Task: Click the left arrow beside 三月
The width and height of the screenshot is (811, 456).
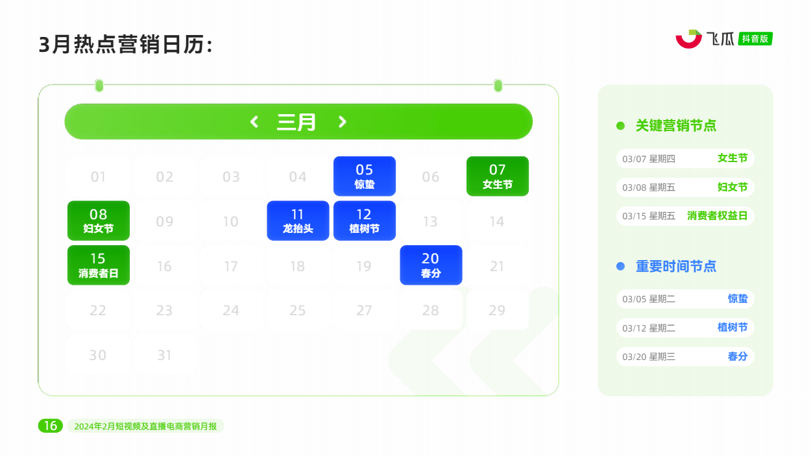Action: point(254,121)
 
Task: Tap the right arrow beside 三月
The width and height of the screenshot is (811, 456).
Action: point(342,121)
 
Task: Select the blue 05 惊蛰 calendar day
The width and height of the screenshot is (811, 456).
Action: point(364,176)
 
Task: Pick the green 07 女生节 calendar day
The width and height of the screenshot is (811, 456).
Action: point(498,176)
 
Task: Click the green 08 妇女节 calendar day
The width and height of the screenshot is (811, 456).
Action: point(99,221)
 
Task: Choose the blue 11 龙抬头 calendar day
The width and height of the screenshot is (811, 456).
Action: point(298,221)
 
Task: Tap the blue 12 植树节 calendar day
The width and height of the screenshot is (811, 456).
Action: point(364,221)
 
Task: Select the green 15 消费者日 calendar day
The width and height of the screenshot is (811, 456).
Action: point(99,265)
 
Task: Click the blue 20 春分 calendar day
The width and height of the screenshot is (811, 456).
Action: point(431,265)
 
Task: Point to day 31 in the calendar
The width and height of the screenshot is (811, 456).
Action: point(164,355)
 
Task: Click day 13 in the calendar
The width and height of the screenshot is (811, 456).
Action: point(431,221)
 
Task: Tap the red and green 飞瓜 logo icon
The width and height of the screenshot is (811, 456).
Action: point(688,39)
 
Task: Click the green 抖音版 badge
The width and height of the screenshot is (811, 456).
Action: point(755,39)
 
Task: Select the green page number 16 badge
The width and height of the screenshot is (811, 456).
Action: point(51,426)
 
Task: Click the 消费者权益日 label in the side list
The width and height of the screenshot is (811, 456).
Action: point(717,216)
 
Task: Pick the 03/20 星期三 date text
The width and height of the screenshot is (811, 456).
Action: point(649,357)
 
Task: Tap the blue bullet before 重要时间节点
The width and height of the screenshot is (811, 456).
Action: point(620,267)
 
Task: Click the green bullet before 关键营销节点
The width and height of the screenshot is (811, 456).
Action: point(620,126)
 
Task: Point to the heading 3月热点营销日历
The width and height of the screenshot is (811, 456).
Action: point(125,45)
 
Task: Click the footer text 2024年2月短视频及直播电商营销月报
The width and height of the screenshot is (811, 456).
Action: point(145,426)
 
